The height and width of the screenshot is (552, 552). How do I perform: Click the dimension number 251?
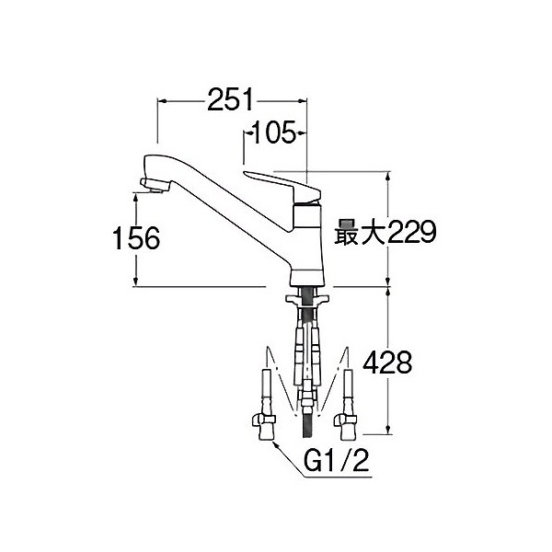point(230,99)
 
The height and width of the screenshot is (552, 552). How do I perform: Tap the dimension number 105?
point(274,132)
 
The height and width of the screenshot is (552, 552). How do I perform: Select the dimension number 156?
point(136,238)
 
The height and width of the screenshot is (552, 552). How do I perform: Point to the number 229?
point(412,232)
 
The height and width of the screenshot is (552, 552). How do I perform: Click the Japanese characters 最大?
point(360,233)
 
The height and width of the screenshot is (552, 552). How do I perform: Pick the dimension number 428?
point(387,363)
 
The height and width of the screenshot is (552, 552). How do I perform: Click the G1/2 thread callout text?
point(337,460)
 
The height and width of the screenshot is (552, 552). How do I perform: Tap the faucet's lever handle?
point(282,187)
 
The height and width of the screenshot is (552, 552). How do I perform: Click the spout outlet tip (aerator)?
point(154,185)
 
